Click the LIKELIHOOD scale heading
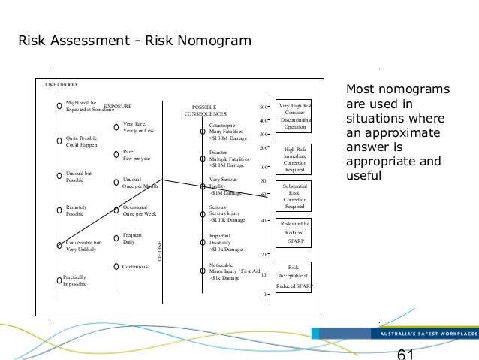click(62, 85)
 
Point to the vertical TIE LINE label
click(158, 251)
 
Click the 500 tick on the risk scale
click(263, 107)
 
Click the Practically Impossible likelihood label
click(75, 280)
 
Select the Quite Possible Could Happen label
click(83, 141)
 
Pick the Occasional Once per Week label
click(140, 210)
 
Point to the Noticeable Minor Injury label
click(233, 271)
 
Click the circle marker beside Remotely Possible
click(59, 210)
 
